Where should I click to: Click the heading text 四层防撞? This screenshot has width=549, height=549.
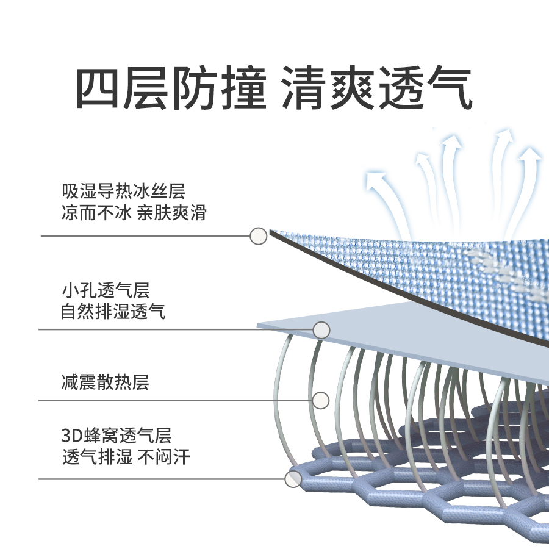[x=171, y=88]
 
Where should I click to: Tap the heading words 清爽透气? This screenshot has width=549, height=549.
[x=377, y=88]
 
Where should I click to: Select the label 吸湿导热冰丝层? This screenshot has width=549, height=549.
[x=123, y=192]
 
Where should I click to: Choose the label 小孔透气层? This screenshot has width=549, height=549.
[x=106, y=290]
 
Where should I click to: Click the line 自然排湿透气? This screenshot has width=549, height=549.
[x=113, y=312]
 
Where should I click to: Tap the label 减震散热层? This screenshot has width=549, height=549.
[x=106, y=382]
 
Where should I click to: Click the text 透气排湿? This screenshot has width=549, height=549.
[x=97, y=457]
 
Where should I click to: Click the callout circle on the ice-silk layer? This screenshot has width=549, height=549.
[x=259, y=235]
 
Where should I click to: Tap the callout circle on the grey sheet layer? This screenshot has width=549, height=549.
[x=321, y=330]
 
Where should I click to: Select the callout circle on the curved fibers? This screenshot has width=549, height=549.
[x=320, y=400]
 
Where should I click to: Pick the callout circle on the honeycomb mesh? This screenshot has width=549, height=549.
[x=293, y=479]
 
